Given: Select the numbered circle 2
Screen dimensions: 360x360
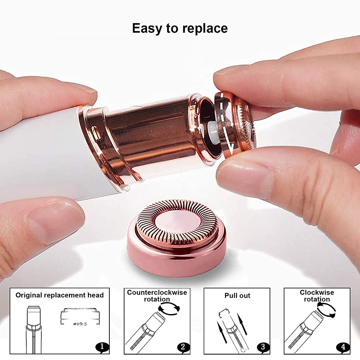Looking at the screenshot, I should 183,347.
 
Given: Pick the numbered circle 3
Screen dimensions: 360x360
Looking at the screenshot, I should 263,347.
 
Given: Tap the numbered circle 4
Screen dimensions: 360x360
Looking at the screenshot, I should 343,347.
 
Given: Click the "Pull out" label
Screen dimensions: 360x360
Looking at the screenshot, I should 237,296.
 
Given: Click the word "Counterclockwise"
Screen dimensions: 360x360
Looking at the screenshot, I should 157,292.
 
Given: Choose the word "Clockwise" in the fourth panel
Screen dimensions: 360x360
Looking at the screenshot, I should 317,292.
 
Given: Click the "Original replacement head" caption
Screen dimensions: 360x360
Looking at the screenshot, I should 60,295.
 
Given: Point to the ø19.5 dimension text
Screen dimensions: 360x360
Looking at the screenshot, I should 80,324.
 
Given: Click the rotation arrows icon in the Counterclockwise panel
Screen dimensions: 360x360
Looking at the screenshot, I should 169,308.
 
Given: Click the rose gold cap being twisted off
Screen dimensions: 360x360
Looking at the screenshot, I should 235,124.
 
